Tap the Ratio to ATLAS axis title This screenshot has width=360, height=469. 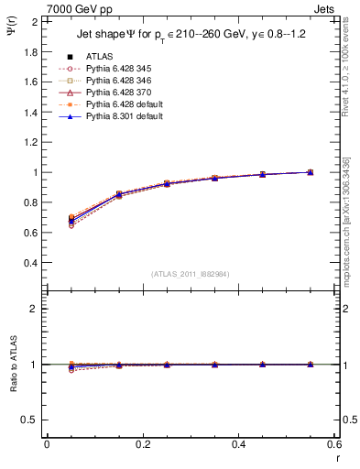click(x=13, y=365)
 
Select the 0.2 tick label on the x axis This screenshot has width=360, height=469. click(x=142, y=444)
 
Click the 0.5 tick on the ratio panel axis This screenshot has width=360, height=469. click(x=30, y=420)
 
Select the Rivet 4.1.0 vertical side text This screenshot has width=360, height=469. click(x=352, y=64)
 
